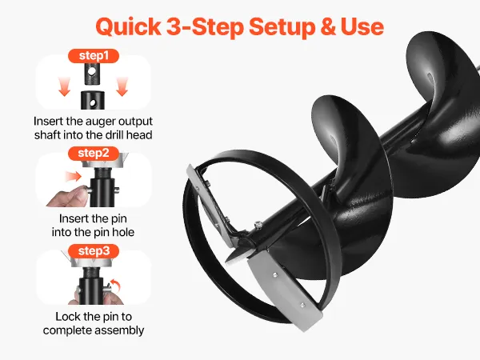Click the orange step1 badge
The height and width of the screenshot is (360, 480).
pyautogui.click(x=94, y=56)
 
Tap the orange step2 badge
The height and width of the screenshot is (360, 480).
pyautogui.click(x=94, y=153)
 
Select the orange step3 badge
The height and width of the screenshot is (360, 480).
pyautogui.click(x=94, y=250)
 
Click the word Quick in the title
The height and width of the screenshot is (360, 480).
pyautogui.click(x=128, y=26)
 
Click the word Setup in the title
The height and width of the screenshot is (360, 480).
pyautogui.click(x=282, y=27)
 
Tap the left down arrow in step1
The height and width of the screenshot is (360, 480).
pyautogui.click(x=64, y=86)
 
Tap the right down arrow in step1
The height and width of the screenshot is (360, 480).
pyautogui.click(x=122, y=86)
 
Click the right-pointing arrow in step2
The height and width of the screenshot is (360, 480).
pyautogui.click(x=74, y=177)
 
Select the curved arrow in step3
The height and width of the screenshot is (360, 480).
pyautogui.click(x=116, y=286)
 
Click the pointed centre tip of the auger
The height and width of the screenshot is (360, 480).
pyautogui.click(x=227, y=260)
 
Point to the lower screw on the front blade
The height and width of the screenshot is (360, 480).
pyautogui.click(x=302, y=305)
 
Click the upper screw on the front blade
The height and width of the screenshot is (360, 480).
pyautogui.click(x=275, y=275)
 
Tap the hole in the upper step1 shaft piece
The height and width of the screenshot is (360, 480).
pyautogui.click(x=91, y=72)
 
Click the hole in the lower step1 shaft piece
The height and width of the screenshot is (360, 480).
pyautogui.click(x=93, y=102)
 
